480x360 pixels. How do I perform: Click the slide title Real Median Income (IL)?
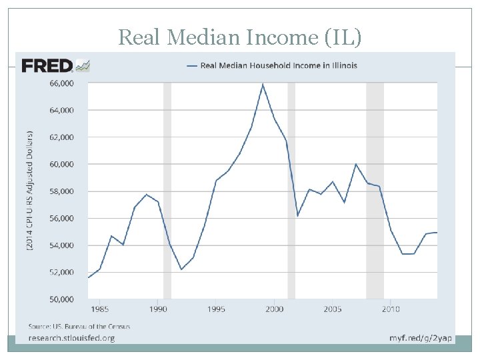(240, 37)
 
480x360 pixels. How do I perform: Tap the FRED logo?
(47, 65)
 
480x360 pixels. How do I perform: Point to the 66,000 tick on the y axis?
(61, 83)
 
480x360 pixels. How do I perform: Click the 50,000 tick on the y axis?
(61, 299)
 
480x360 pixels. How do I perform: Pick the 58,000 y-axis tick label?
(61, 191)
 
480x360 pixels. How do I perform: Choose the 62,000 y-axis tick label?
(61, 137)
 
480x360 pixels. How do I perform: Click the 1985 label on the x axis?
(100, 309)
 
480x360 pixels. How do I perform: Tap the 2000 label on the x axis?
(275, 309)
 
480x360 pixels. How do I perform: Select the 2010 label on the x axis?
(391, 309)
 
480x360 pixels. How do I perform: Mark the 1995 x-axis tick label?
(216, 309)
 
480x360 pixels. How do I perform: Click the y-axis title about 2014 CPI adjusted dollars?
(30, 191)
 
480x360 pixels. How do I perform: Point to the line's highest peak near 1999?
(263, 84)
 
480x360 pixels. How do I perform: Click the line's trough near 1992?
(181, 269)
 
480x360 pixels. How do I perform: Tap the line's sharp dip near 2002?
(297, 215)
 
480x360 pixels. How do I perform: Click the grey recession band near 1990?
(167, 191)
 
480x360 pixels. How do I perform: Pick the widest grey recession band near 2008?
(375, 191)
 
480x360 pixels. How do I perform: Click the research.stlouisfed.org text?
(71, 338)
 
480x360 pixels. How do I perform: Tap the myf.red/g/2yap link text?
(420, 338)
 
